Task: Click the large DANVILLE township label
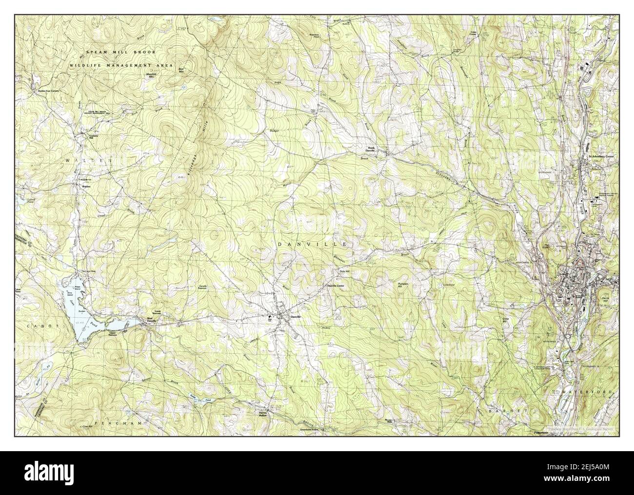pyautogui.click(x=312, y=243)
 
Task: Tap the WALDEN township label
pyautogui.click(x=88, y=160)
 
